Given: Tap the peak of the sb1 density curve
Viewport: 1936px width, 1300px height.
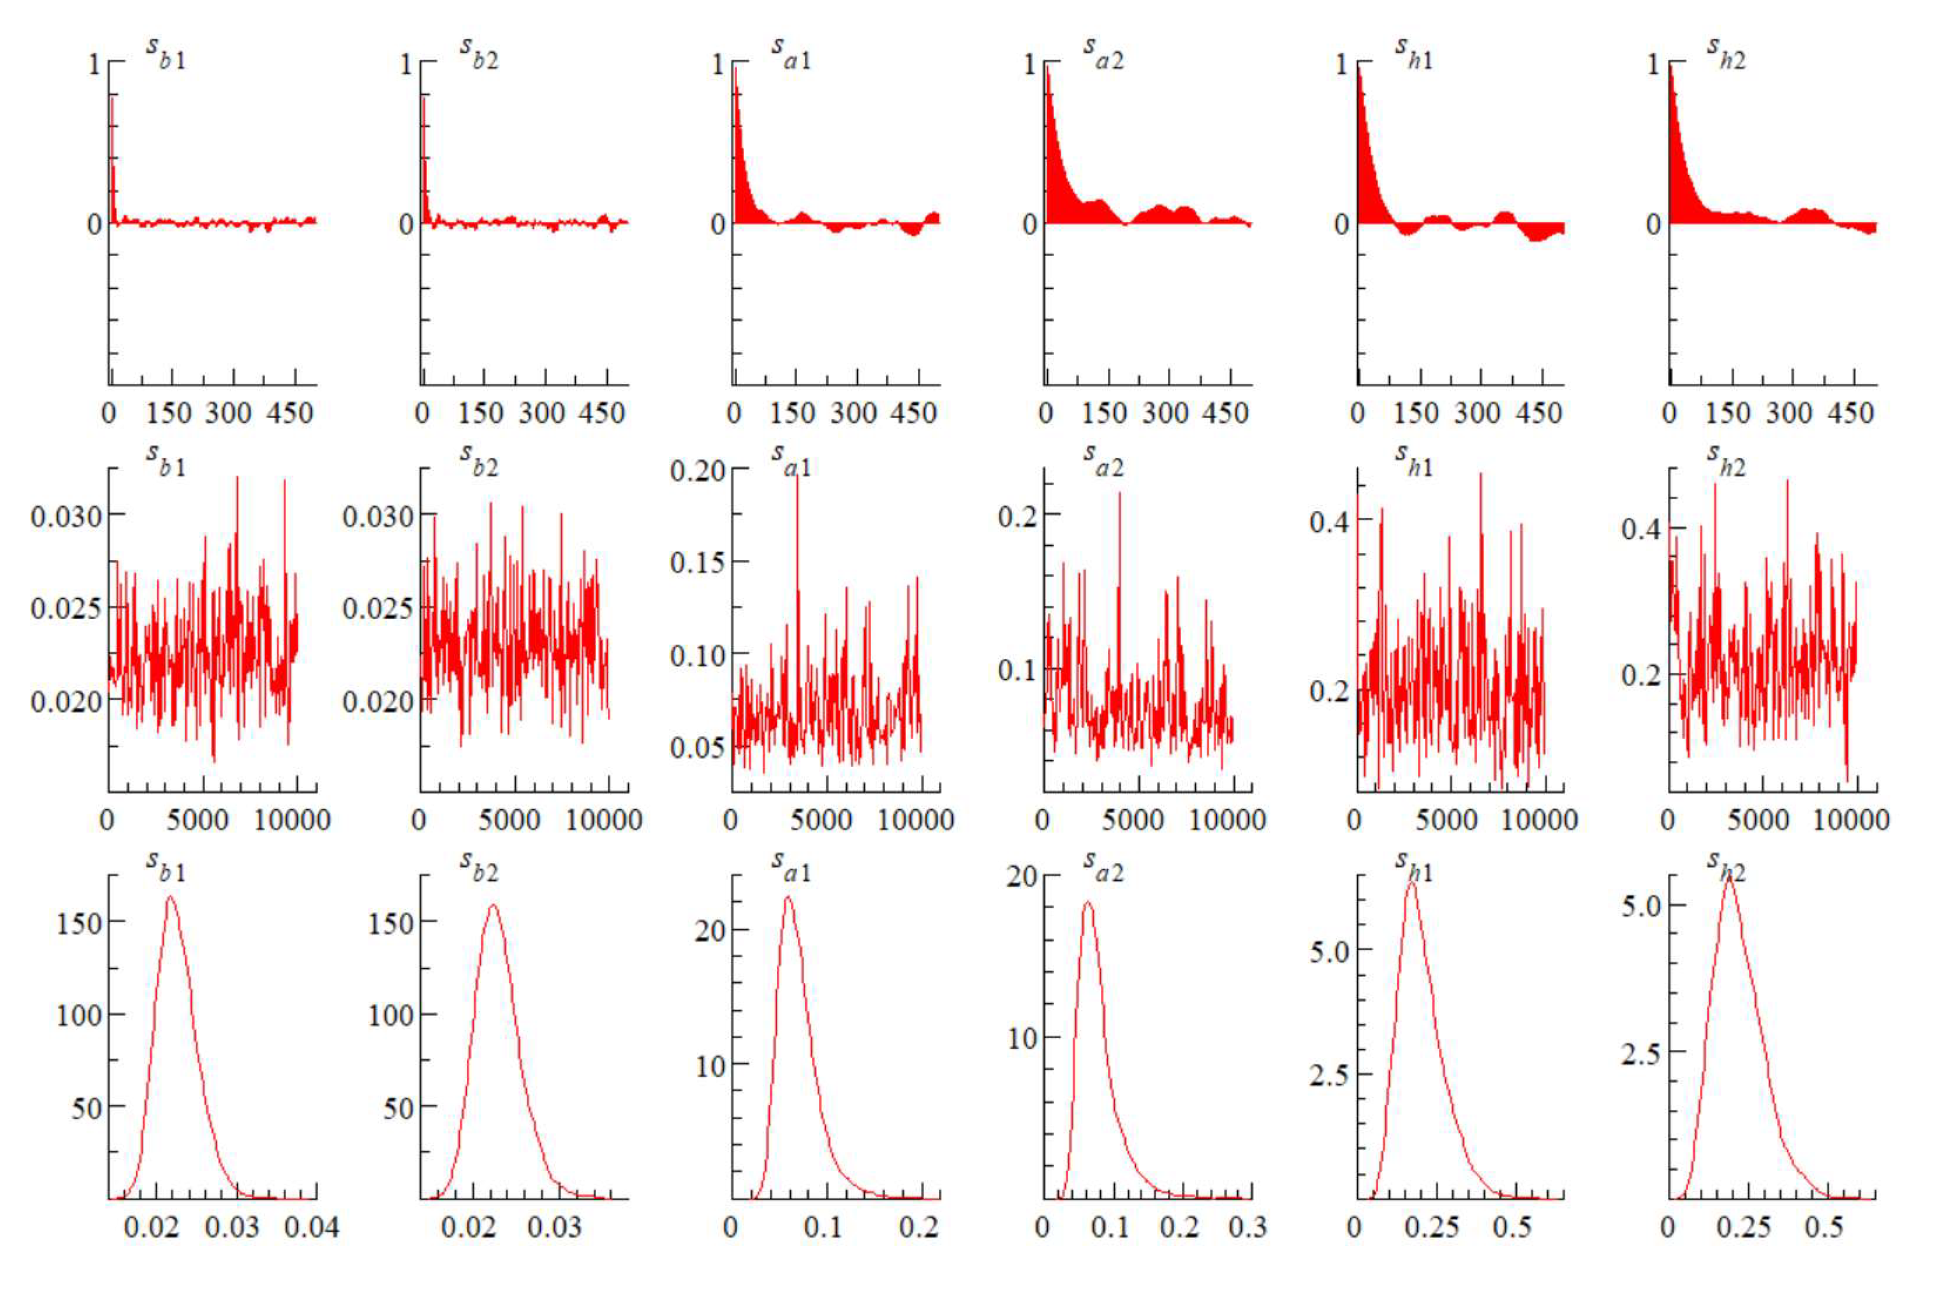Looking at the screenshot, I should point(170,897).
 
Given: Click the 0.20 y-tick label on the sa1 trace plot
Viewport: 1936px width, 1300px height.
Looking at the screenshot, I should point(697,472).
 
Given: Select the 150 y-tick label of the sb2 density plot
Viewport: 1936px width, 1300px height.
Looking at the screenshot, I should point(390,923).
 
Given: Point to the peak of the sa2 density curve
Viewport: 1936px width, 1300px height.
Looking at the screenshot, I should point(1088,903).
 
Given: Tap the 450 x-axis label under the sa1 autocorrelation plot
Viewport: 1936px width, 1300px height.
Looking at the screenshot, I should point(912,413).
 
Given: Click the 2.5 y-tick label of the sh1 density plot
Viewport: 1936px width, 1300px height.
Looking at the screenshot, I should point(1329,1075).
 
